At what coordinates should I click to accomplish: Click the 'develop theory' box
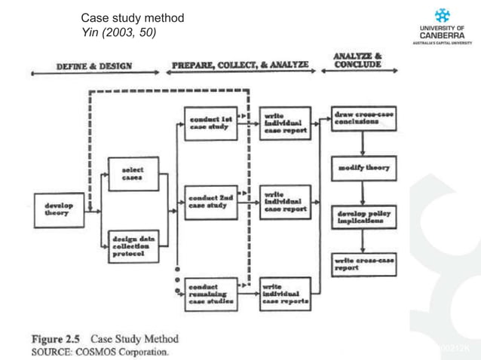click(59, 210)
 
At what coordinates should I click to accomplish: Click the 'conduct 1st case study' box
click(210, 123)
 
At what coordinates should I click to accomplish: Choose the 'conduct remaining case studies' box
click(210, 294)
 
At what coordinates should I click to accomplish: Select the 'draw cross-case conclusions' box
click(363, 119)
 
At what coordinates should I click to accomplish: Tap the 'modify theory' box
click(363, 167)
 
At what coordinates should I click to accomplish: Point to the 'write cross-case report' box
click(363, 263)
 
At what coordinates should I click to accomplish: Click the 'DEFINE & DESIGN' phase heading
click(93, 66)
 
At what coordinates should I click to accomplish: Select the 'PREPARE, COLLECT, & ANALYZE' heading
click(240, 66)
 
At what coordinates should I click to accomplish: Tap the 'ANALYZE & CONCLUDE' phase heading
click(357, 60)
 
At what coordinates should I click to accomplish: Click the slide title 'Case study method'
click(132, 17)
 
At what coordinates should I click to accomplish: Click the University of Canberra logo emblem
click(443, 15)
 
